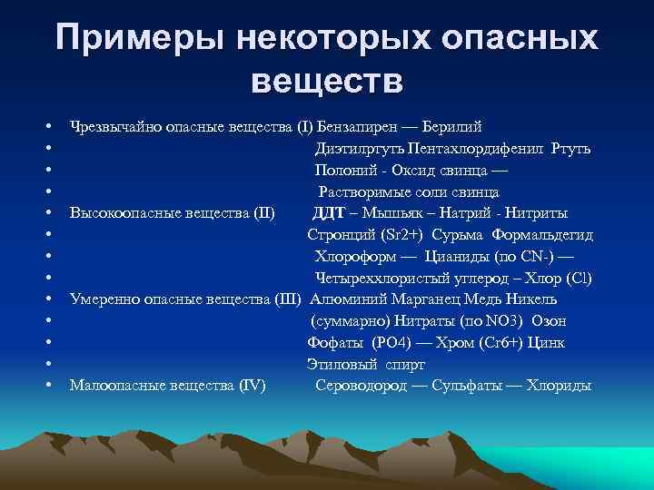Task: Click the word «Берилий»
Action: click(x=451, y=127)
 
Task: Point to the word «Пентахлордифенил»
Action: click(x=477, y=149)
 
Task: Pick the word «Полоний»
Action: click(x=344, y=171)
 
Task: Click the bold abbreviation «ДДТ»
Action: click(x=328, y=214)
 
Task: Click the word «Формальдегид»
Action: click(x=544, y=236)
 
